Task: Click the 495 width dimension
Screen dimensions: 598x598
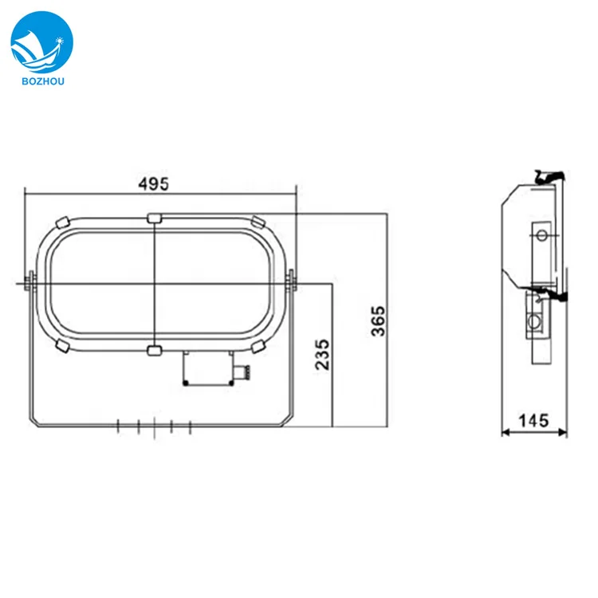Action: tap(153, 183)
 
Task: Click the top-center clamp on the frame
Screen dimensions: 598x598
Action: tap(154, 217)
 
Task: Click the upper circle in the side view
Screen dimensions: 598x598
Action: tap(542, 234)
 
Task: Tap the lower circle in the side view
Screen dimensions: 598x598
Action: tap(535, 322)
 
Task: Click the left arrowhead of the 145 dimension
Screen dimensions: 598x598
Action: tap(504, 434)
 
